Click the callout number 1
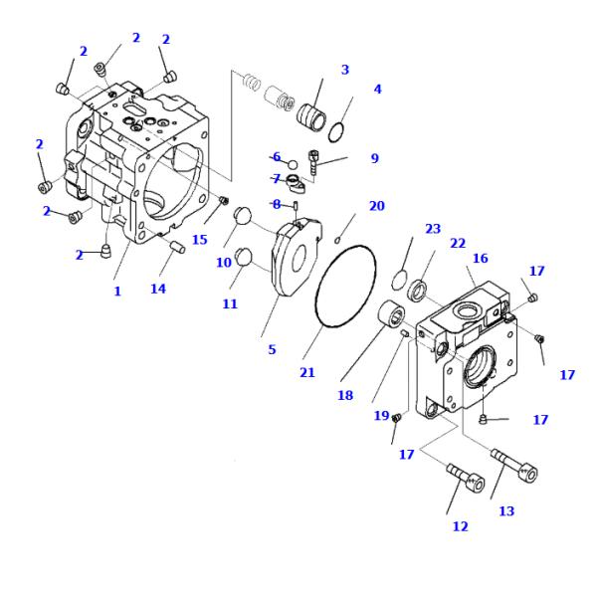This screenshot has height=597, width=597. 116,292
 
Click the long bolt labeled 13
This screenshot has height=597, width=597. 516,467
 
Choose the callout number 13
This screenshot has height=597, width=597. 506,511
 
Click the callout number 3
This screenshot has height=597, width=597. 345,70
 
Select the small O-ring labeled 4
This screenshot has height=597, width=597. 338,127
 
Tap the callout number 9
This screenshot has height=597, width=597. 374,158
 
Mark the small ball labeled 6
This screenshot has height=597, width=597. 293,163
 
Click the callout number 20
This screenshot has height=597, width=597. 376,206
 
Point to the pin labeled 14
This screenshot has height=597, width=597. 175,247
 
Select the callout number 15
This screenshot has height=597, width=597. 200,240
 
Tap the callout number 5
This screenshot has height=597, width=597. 271,350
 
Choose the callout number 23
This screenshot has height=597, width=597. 432,228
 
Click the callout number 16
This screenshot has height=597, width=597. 480,258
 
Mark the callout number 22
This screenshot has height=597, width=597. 458,244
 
